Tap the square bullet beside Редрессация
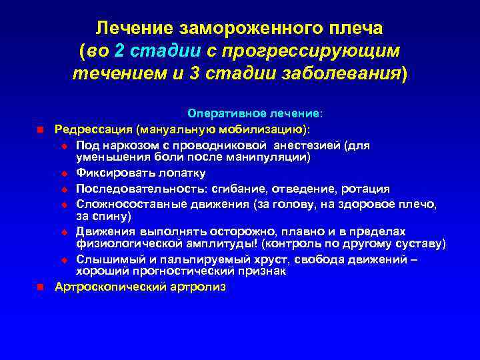coord(40,128)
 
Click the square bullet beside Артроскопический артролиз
coord(40,287)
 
